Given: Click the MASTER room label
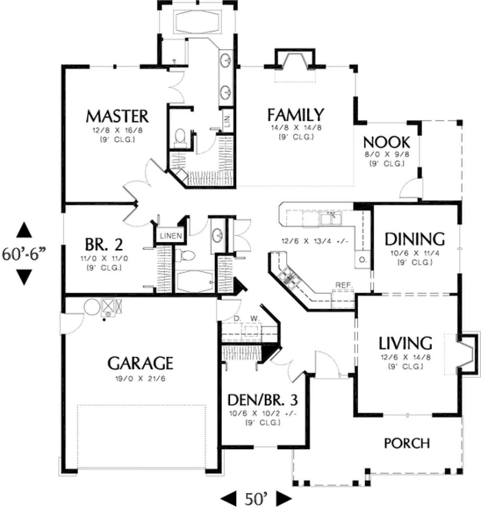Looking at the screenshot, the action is point(117,116).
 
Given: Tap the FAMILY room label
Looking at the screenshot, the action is point(295,115).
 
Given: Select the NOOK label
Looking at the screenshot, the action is point(386,142).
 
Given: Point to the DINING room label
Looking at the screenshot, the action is point(415,239).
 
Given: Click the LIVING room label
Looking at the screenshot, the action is point(405,343).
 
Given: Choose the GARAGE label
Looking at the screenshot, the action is point(140,363).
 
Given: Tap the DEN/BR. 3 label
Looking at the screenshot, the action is point(263,400).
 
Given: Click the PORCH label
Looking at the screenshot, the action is point(407,444).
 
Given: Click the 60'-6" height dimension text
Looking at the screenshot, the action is point(24,254).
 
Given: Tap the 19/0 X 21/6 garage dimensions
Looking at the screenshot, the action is point(140,379).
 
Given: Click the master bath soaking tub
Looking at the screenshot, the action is point(197,22).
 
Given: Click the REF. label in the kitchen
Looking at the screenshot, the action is point(344,285).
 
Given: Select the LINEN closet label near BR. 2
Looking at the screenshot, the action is point(171,236).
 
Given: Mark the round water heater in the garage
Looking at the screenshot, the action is point(92,307).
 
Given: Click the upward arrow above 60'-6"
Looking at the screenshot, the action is point(24,230).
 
